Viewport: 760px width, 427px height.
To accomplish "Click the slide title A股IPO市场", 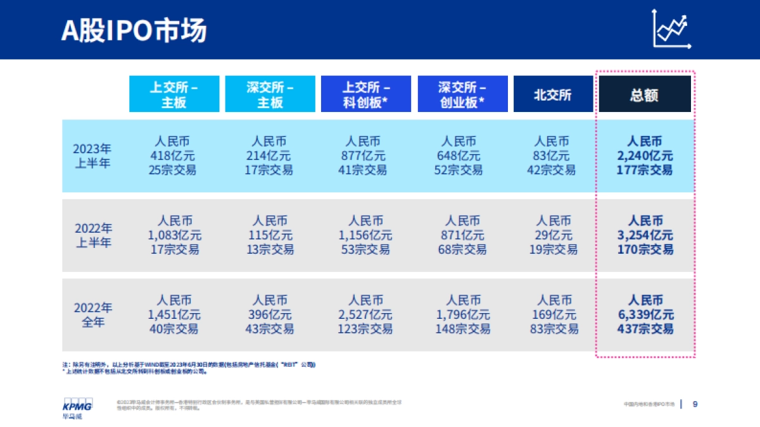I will point(134,30).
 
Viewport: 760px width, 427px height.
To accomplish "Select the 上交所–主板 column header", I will point(174,94).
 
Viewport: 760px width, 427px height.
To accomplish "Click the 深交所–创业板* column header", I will point(462,94).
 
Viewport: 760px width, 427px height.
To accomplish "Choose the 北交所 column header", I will point(553,94).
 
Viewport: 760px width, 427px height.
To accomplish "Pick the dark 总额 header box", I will point(644,94).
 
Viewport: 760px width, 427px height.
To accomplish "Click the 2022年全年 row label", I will point(92,314).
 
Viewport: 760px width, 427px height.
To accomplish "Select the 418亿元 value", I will point(174,156).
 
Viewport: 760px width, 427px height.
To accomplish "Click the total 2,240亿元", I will point(645,156).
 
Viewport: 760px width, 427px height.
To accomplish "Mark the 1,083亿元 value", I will point(175,235).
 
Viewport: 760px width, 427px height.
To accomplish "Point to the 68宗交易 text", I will point(462,249).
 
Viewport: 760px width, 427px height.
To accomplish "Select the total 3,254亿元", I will point(645,235).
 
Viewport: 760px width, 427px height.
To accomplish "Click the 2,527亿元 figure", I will point(366,314).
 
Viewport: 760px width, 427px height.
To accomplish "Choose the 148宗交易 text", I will point(462,329).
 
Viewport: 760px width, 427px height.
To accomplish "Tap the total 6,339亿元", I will point(645,314).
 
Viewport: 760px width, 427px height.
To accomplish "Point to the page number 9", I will point(695,404).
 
